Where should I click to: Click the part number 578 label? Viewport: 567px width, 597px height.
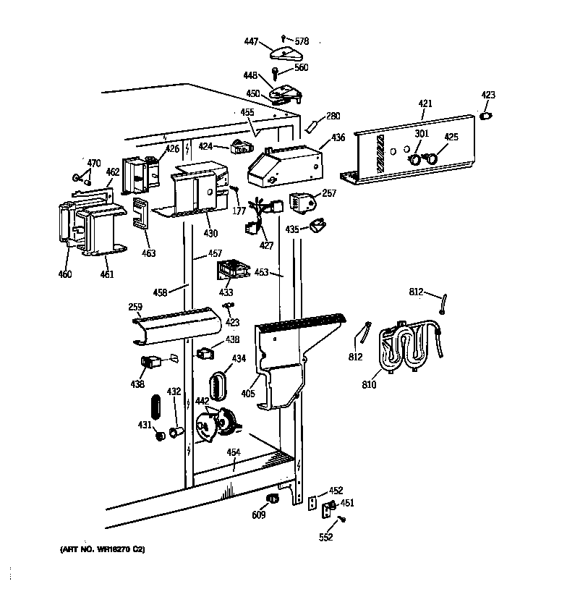coord(301,41)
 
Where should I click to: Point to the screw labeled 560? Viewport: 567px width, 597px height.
coord(276,71)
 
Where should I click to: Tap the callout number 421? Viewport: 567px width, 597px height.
coord(425,104)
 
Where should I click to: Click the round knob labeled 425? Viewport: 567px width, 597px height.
coord(432,156)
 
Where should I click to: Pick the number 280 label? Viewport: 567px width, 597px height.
coord(333,116)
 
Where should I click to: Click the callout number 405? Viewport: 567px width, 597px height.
coord(249,395)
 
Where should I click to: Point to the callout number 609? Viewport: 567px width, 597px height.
coord(258,515)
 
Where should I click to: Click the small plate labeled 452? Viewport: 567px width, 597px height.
coord(313,503)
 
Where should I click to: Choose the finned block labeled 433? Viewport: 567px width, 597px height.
coord(233,271)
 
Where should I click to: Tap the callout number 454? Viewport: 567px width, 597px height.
coord(233,452)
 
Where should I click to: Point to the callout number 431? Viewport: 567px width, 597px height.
coord(145,425)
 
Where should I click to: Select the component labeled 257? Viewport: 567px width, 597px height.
coord(302,203)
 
